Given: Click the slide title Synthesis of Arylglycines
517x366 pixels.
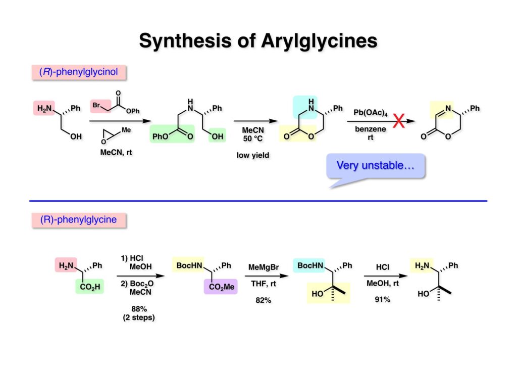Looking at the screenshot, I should (x=258, y=40).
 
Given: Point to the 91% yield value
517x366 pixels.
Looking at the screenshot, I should (x=382, y=299).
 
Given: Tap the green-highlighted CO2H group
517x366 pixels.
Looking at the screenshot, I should (x=90, y=288).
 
